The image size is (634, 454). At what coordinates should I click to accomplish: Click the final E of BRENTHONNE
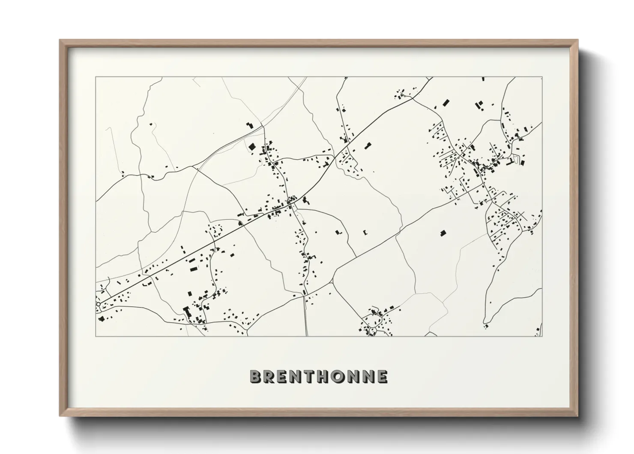[381, 377]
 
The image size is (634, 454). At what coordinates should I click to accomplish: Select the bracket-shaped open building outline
[365, 232]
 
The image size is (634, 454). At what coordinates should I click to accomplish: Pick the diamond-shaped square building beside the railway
[252, 147]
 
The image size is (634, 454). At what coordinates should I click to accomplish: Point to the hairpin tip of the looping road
[485, 322]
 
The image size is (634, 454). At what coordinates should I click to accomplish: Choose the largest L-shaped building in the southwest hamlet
[186, 311]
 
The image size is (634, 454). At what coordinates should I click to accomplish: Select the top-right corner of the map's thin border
[542, 77]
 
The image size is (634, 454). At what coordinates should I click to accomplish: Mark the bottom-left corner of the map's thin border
[96, 336]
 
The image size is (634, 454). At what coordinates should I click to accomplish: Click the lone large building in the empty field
[443, 233]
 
